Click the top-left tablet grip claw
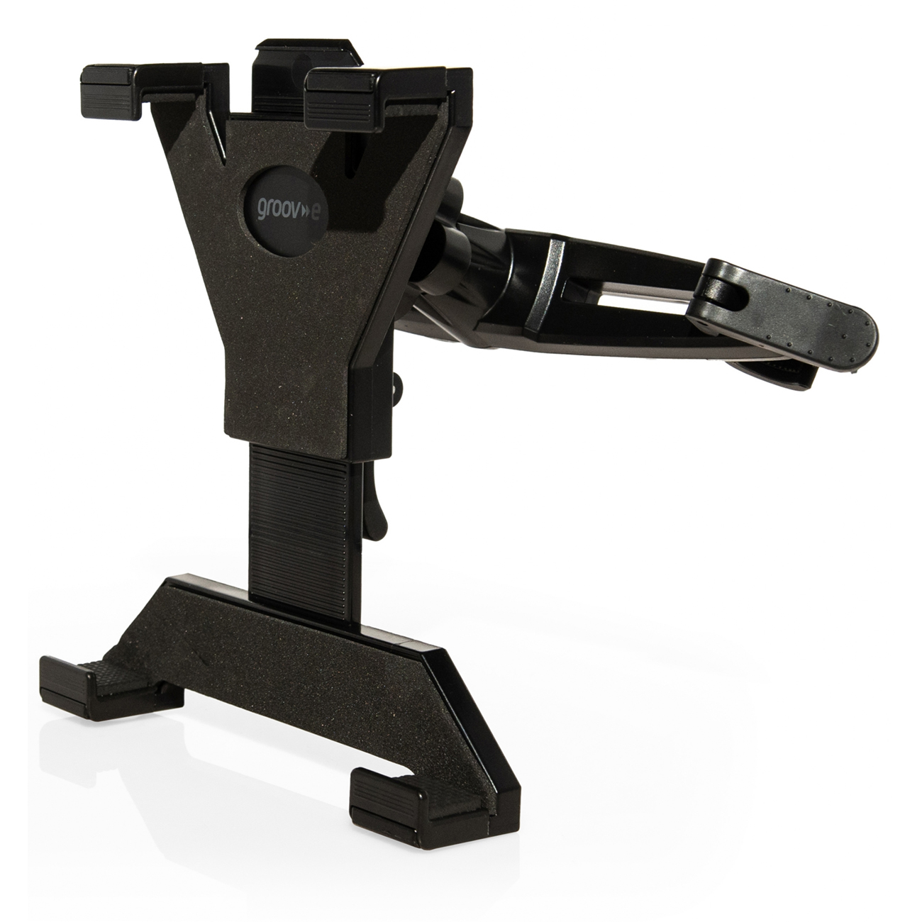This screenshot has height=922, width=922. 109,92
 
